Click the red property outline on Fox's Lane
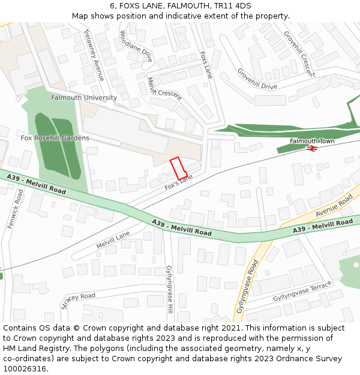(x=178, y=167)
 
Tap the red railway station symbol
(x=311, y=148)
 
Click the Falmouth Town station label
(x=312, y=141)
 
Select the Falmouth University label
(x=84, y=97)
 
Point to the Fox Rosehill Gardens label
(x=55, y=138)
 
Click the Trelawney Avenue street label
(x=94, y=55)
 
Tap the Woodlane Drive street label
(x=136, y=47)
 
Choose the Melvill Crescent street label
(x=164, y=90)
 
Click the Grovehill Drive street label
(x=257, y=79)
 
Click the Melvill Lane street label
(x=113, y=240)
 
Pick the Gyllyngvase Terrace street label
(x=302, y=291)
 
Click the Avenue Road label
(x=334, y=205)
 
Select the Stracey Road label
(x=78, y=300)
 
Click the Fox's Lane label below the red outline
(x=179, y=183)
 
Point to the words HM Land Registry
(x=34, y=349)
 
